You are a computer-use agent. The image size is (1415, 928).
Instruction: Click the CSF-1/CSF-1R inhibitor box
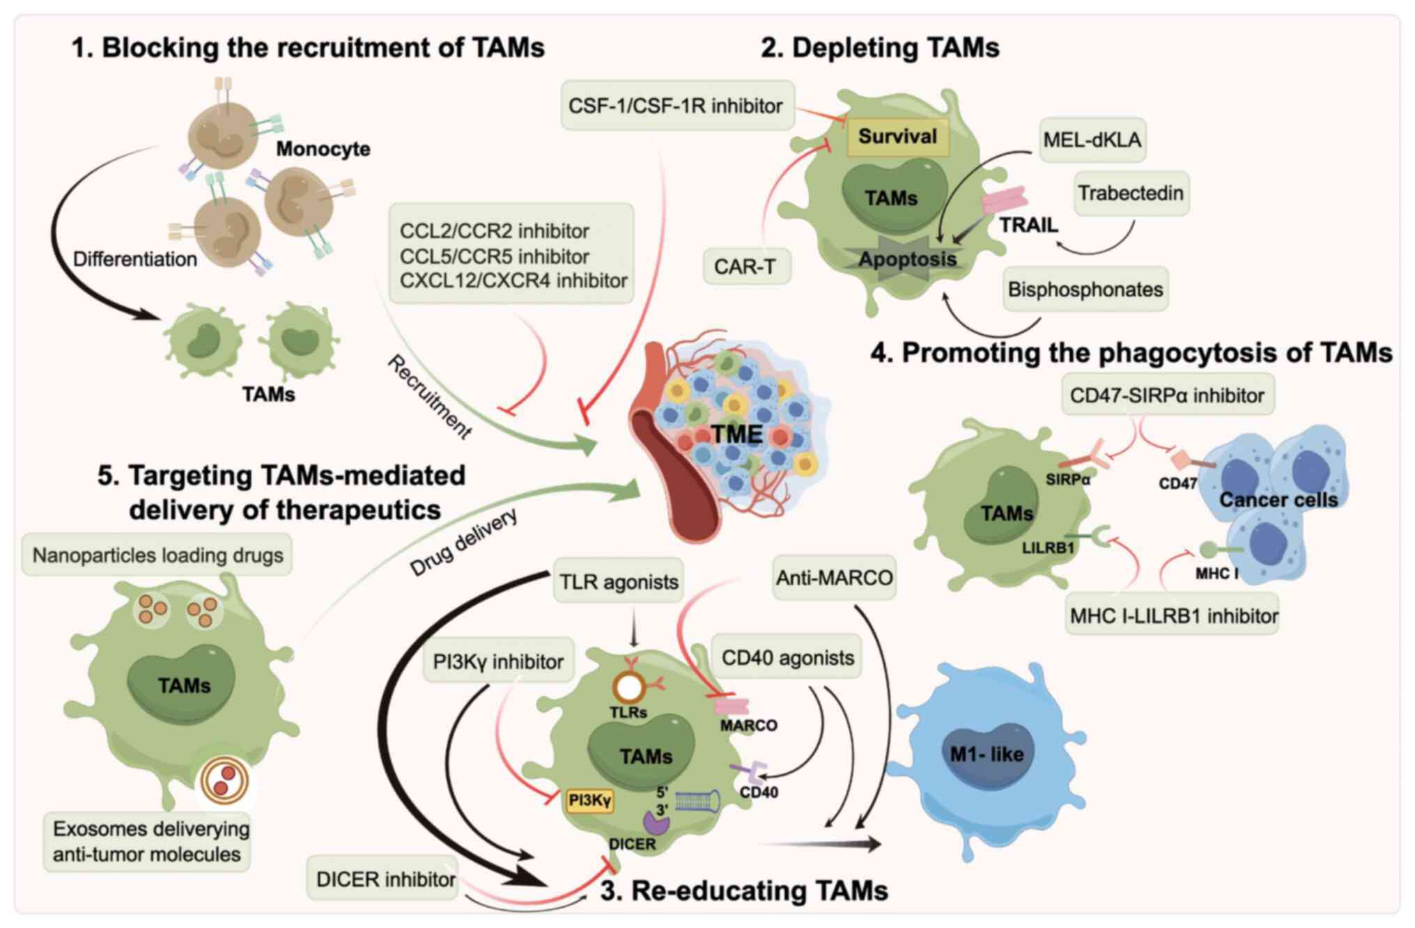[x=676, y=106]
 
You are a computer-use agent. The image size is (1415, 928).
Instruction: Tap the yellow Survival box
[x=897, y=136]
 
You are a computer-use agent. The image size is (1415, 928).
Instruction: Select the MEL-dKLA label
[x=1092, y=140]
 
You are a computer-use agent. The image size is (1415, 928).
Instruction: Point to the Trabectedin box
[x=1130, y=193]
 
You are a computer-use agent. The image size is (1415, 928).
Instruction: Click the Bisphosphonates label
[x=1085, y=290]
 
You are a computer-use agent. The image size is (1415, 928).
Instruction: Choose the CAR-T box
[x=745, y=267]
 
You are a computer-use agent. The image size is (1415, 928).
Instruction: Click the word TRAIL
[x=1028, y=226]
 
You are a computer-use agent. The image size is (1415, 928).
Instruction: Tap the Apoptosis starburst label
[x=907, y=260]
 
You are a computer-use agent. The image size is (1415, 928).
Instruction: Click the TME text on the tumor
[x=736, y=434]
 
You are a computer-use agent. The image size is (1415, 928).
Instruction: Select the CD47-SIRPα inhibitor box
[x=1167, y=395]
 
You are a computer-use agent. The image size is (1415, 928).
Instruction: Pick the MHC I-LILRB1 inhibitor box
[x=1173, y=615]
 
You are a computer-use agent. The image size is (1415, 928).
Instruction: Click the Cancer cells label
[x=1278, y=500]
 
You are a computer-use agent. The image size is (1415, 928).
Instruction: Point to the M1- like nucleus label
[x=987, y=754]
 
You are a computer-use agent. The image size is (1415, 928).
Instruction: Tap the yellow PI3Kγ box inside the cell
[x=589, y=801]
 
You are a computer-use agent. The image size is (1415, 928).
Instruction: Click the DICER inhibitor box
[x=385, y=879]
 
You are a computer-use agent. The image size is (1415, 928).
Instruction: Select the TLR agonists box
[x=619, y=582]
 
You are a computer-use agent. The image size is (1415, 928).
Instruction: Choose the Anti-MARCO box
[x=834, y=578]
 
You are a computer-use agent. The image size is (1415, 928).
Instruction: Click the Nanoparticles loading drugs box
[x=157, y=556]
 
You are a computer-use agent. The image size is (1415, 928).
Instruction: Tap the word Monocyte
[x=323, y=149]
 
